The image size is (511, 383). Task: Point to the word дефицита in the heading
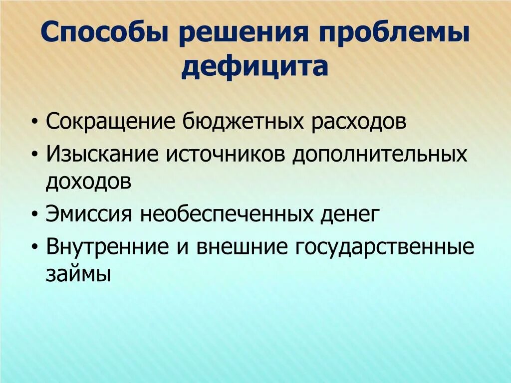pos(255,67)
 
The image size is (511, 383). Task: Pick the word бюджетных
pos(243,122)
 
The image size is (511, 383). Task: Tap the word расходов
pos(360,122)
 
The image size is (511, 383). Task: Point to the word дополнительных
pos(380,155)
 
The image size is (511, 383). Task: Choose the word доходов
pos(89,182)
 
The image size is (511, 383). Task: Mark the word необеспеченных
pos(227,215)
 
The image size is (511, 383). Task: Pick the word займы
pos(77,275)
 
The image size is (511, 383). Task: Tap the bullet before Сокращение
pos(34,123)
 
